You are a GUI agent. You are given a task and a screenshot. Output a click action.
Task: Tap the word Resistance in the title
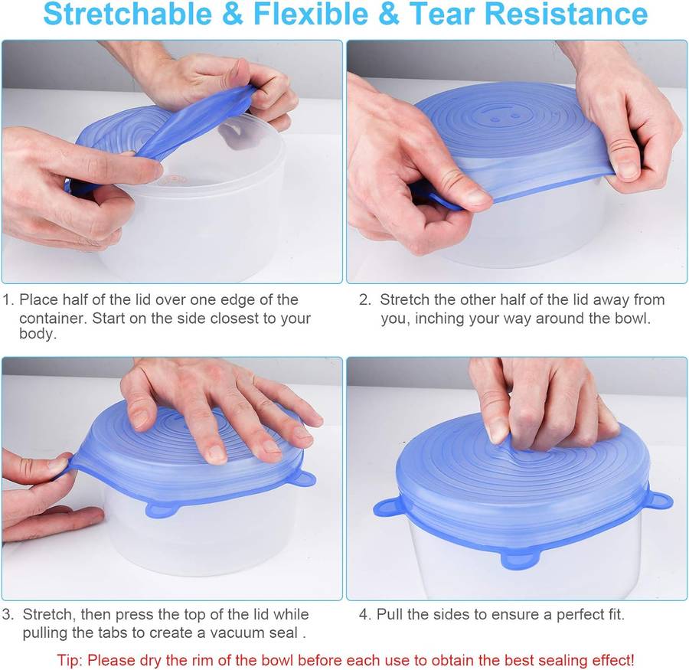point(571,14)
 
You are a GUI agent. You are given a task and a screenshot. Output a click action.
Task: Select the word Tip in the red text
point(68,659)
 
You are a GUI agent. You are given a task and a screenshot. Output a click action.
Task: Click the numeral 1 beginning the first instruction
point(7,299)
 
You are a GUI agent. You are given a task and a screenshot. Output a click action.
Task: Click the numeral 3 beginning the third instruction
point(7,614)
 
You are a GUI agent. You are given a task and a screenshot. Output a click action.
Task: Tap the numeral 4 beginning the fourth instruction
point(364,614)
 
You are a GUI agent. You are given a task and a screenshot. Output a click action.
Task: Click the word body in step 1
point(38,335)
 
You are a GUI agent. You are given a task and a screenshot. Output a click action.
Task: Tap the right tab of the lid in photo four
point(658,501)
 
